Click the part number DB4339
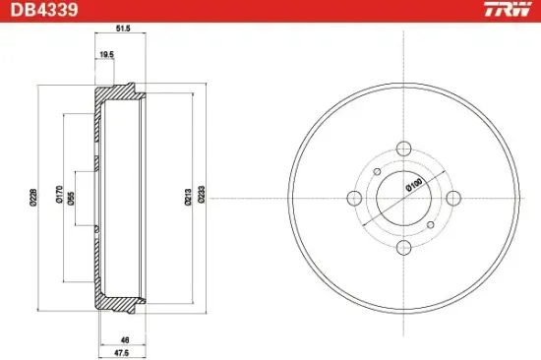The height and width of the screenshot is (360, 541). click(x=44, y=10)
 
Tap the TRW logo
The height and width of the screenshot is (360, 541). click(x=508, y=9)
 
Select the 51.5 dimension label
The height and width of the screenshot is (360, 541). click(x=123, y=29)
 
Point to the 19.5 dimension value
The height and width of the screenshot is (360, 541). click(x=106, y=54)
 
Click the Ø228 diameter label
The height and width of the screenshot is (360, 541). click(x=33, y=198)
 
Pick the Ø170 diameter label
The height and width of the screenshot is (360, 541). click(x=59, y=195)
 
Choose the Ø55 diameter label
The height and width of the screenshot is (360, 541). click(x=71, y=199)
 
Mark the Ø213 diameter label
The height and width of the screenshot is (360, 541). click(x=188, y=198)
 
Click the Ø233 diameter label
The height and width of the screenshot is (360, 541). click(x=202, y=195)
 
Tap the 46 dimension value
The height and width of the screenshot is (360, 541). click(x=125, y=340)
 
